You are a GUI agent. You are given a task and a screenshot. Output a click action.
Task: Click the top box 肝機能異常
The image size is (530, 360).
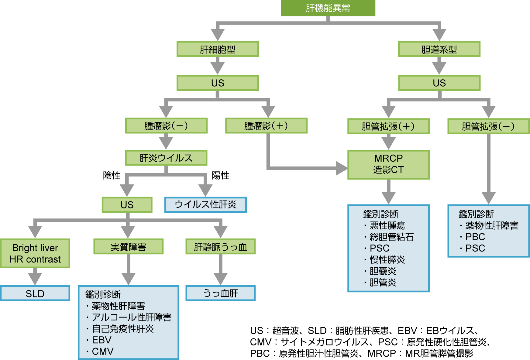(328, 8)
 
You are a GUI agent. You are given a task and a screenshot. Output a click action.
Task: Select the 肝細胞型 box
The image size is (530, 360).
(218, 49)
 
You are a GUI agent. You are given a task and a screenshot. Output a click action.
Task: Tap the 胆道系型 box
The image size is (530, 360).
(439, 49)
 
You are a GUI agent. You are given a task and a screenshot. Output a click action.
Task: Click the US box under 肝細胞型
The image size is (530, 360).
(218, 83)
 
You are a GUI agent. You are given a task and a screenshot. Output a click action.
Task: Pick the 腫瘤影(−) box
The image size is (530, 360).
(166, 126)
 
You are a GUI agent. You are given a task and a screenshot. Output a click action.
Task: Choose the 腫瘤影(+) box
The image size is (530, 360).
(266, 126)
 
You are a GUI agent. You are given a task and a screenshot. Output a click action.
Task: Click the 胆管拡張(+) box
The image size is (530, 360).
(388, 126)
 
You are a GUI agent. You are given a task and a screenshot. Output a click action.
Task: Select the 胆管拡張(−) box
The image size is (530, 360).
(488, 126)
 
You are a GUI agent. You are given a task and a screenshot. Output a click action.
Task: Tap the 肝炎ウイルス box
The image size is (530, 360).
(166, 158)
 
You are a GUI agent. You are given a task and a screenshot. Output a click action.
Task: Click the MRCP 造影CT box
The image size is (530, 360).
(388, 164)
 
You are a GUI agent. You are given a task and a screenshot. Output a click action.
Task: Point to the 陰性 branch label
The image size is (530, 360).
(112, 175)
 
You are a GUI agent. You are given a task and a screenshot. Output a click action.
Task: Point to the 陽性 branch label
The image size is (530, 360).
(221, 175)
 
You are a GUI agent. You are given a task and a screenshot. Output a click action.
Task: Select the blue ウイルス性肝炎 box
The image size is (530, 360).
(205, 204)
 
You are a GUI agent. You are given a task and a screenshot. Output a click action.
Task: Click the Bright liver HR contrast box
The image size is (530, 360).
(35, 253)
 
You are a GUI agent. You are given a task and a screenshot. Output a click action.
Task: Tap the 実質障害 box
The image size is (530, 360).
(128, 247)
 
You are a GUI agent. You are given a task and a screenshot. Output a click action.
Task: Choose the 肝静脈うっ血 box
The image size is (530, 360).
(221, 247)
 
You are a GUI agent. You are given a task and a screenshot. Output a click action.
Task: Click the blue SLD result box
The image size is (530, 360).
(35, 293)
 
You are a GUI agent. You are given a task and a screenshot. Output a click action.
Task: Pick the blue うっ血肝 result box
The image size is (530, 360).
(221, 293)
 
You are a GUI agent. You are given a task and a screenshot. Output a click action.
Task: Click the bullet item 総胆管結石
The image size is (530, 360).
(392, 237)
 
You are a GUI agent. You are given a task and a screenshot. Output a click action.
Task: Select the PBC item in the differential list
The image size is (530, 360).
(475, 237)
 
